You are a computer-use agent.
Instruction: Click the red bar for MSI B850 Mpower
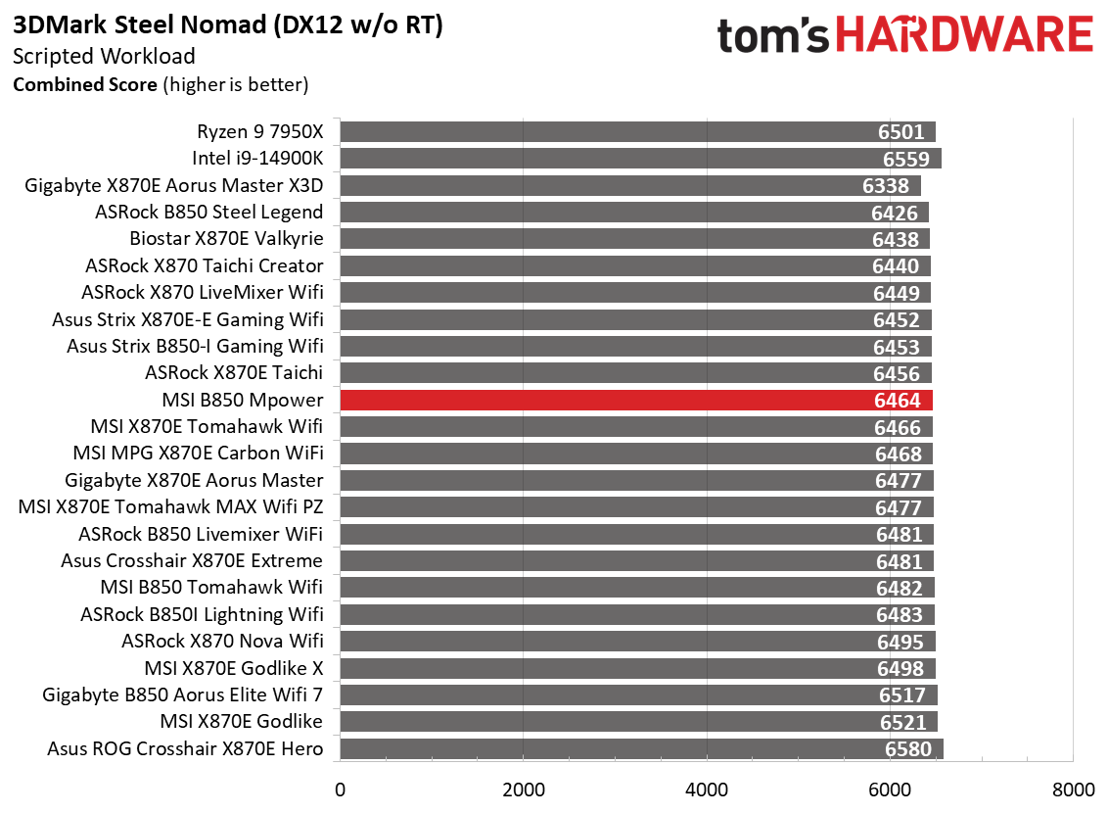[636, 400]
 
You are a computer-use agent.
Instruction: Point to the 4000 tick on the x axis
[707, 789]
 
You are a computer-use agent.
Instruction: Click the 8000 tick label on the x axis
[1073, 789]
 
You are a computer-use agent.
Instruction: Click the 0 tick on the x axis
[340, 789]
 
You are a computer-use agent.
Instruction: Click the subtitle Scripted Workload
[104, 57]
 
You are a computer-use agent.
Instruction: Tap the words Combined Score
[84, 84]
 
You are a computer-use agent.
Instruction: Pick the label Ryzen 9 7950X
[259, 131]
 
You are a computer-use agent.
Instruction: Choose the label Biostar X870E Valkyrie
[226, 238]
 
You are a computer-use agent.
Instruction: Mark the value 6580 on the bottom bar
[907, 748]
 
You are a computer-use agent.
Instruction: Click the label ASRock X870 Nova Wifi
[222, 641]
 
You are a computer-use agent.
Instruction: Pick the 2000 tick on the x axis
[523, 789]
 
